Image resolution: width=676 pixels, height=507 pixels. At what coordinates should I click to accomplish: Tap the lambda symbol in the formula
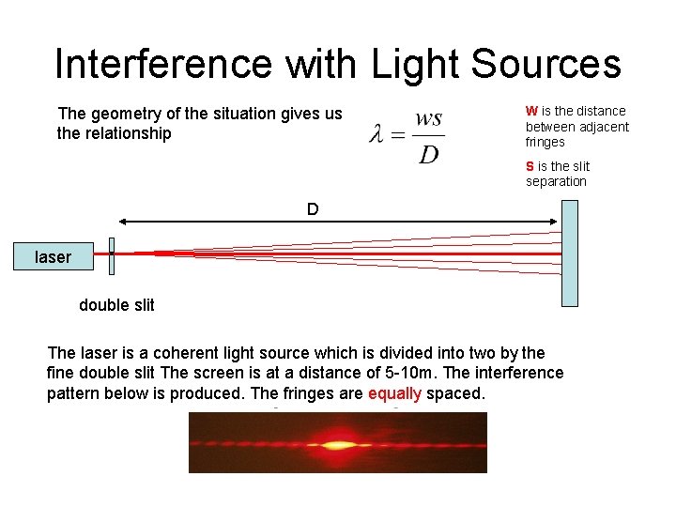click(x=376, y=136)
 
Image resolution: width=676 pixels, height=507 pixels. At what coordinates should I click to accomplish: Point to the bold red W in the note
click(x=530, y=111)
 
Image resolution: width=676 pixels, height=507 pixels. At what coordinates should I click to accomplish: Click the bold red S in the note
click(x=530, y=166)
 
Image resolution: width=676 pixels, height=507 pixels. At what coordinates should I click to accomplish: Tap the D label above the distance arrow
click(x=313, y=207)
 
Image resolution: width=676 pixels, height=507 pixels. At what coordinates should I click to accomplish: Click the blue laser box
click(x=53, y=256)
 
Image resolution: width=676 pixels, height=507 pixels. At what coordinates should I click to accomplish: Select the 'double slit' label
click(x=116, y=305)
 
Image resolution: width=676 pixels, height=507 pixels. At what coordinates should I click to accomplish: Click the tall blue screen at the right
click(x=570, y=253)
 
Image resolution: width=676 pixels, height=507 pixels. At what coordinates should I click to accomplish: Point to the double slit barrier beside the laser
click(x=111, y=253)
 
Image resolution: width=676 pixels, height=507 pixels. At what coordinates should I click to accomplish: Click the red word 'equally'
click(x=394, y=393)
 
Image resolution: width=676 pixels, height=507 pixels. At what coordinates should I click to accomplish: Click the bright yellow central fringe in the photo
click(x=336, y=443)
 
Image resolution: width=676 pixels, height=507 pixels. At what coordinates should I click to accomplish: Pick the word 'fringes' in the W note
click(x=545, y=143)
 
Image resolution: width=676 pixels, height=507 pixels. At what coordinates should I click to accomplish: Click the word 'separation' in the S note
click(x=556, y=181)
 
